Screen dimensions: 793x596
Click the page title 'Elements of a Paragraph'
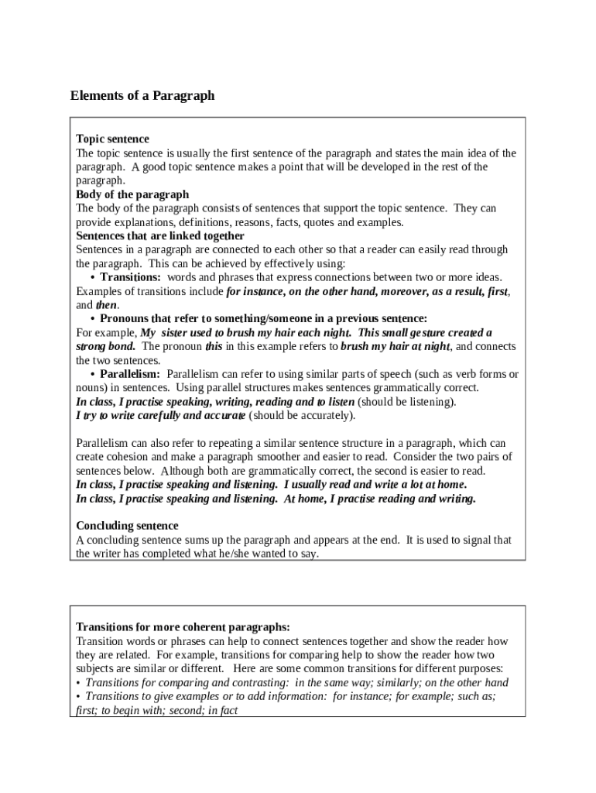(x=142, y=96)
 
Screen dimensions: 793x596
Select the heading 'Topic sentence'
(x=112, y=139)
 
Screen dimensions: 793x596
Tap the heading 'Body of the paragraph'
(x=132, y=194)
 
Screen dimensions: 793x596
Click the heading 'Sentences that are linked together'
(x=160, y=235)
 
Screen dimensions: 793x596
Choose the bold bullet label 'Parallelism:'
(x=130, y=374)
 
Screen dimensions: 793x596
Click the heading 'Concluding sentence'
(x=127, y=526)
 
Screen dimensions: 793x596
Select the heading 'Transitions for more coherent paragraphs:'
(x=183, y=627)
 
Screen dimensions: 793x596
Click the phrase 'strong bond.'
(x=106, y=346)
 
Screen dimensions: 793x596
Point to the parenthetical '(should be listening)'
(x=406, y=402)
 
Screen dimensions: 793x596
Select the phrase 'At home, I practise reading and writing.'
(x=380, y=499)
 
